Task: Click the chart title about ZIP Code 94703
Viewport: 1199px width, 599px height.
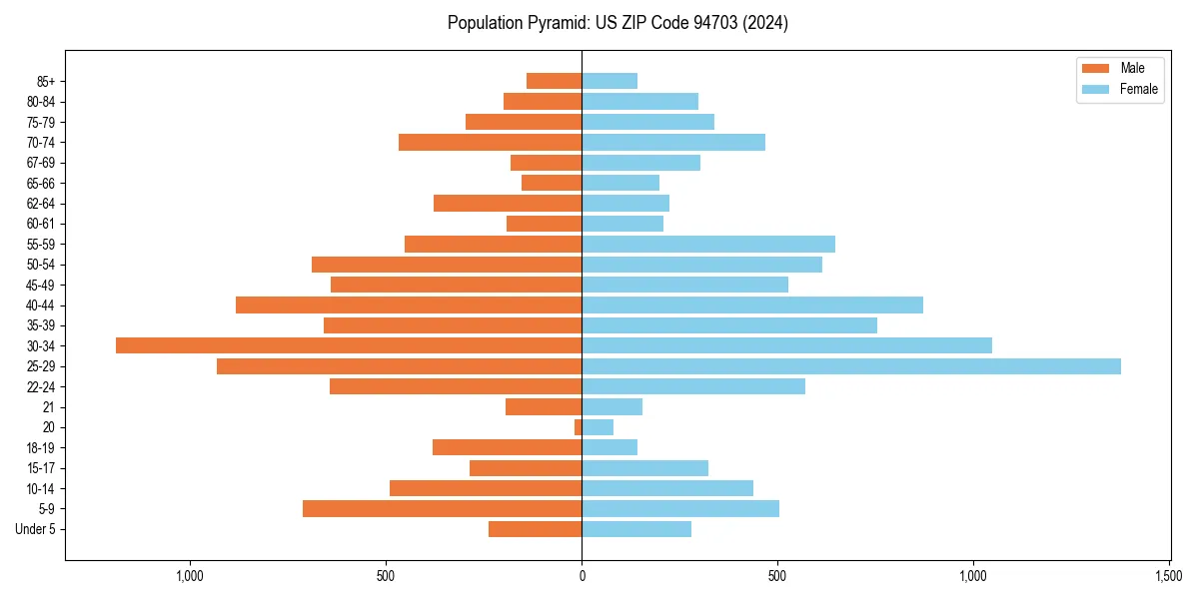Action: (617, 23)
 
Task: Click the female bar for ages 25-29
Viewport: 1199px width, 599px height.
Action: (851, 366)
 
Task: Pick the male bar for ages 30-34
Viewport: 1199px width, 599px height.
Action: (349, 345)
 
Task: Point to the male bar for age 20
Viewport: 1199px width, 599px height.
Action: (579, 427)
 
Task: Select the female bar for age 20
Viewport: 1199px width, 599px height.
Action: (598, 427)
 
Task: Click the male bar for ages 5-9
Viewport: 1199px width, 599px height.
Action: (443, 509)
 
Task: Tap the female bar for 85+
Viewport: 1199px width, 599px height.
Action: (609, 81)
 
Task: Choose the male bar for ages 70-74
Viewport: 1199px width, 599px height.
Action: (491, 143)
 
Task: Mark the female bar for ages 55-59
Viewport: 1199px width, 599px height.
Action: (708, 245)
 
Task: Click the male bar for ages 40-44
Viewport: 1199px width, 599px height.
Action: (409, 304)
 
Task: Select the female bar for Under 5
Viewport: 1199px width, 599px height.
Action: (636, 529)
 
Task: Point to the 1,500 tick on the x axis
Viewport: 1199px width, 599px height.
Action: (1169, 576)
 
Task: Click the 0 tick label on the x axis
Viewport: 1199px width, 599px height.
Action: (582, 576)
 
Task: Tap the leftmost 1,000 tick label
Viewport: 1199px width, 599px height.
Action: (190, 576)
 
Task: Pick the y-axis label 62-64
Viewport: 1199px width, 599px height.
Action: (41, 204)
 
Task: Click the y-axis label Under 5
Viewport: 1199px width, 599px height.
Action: (36, 529)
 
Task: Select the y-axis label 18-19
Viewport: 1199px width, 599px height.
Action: (41, 448)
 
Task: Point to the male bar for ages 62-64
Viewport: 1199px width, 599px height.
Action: (508, 204)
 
